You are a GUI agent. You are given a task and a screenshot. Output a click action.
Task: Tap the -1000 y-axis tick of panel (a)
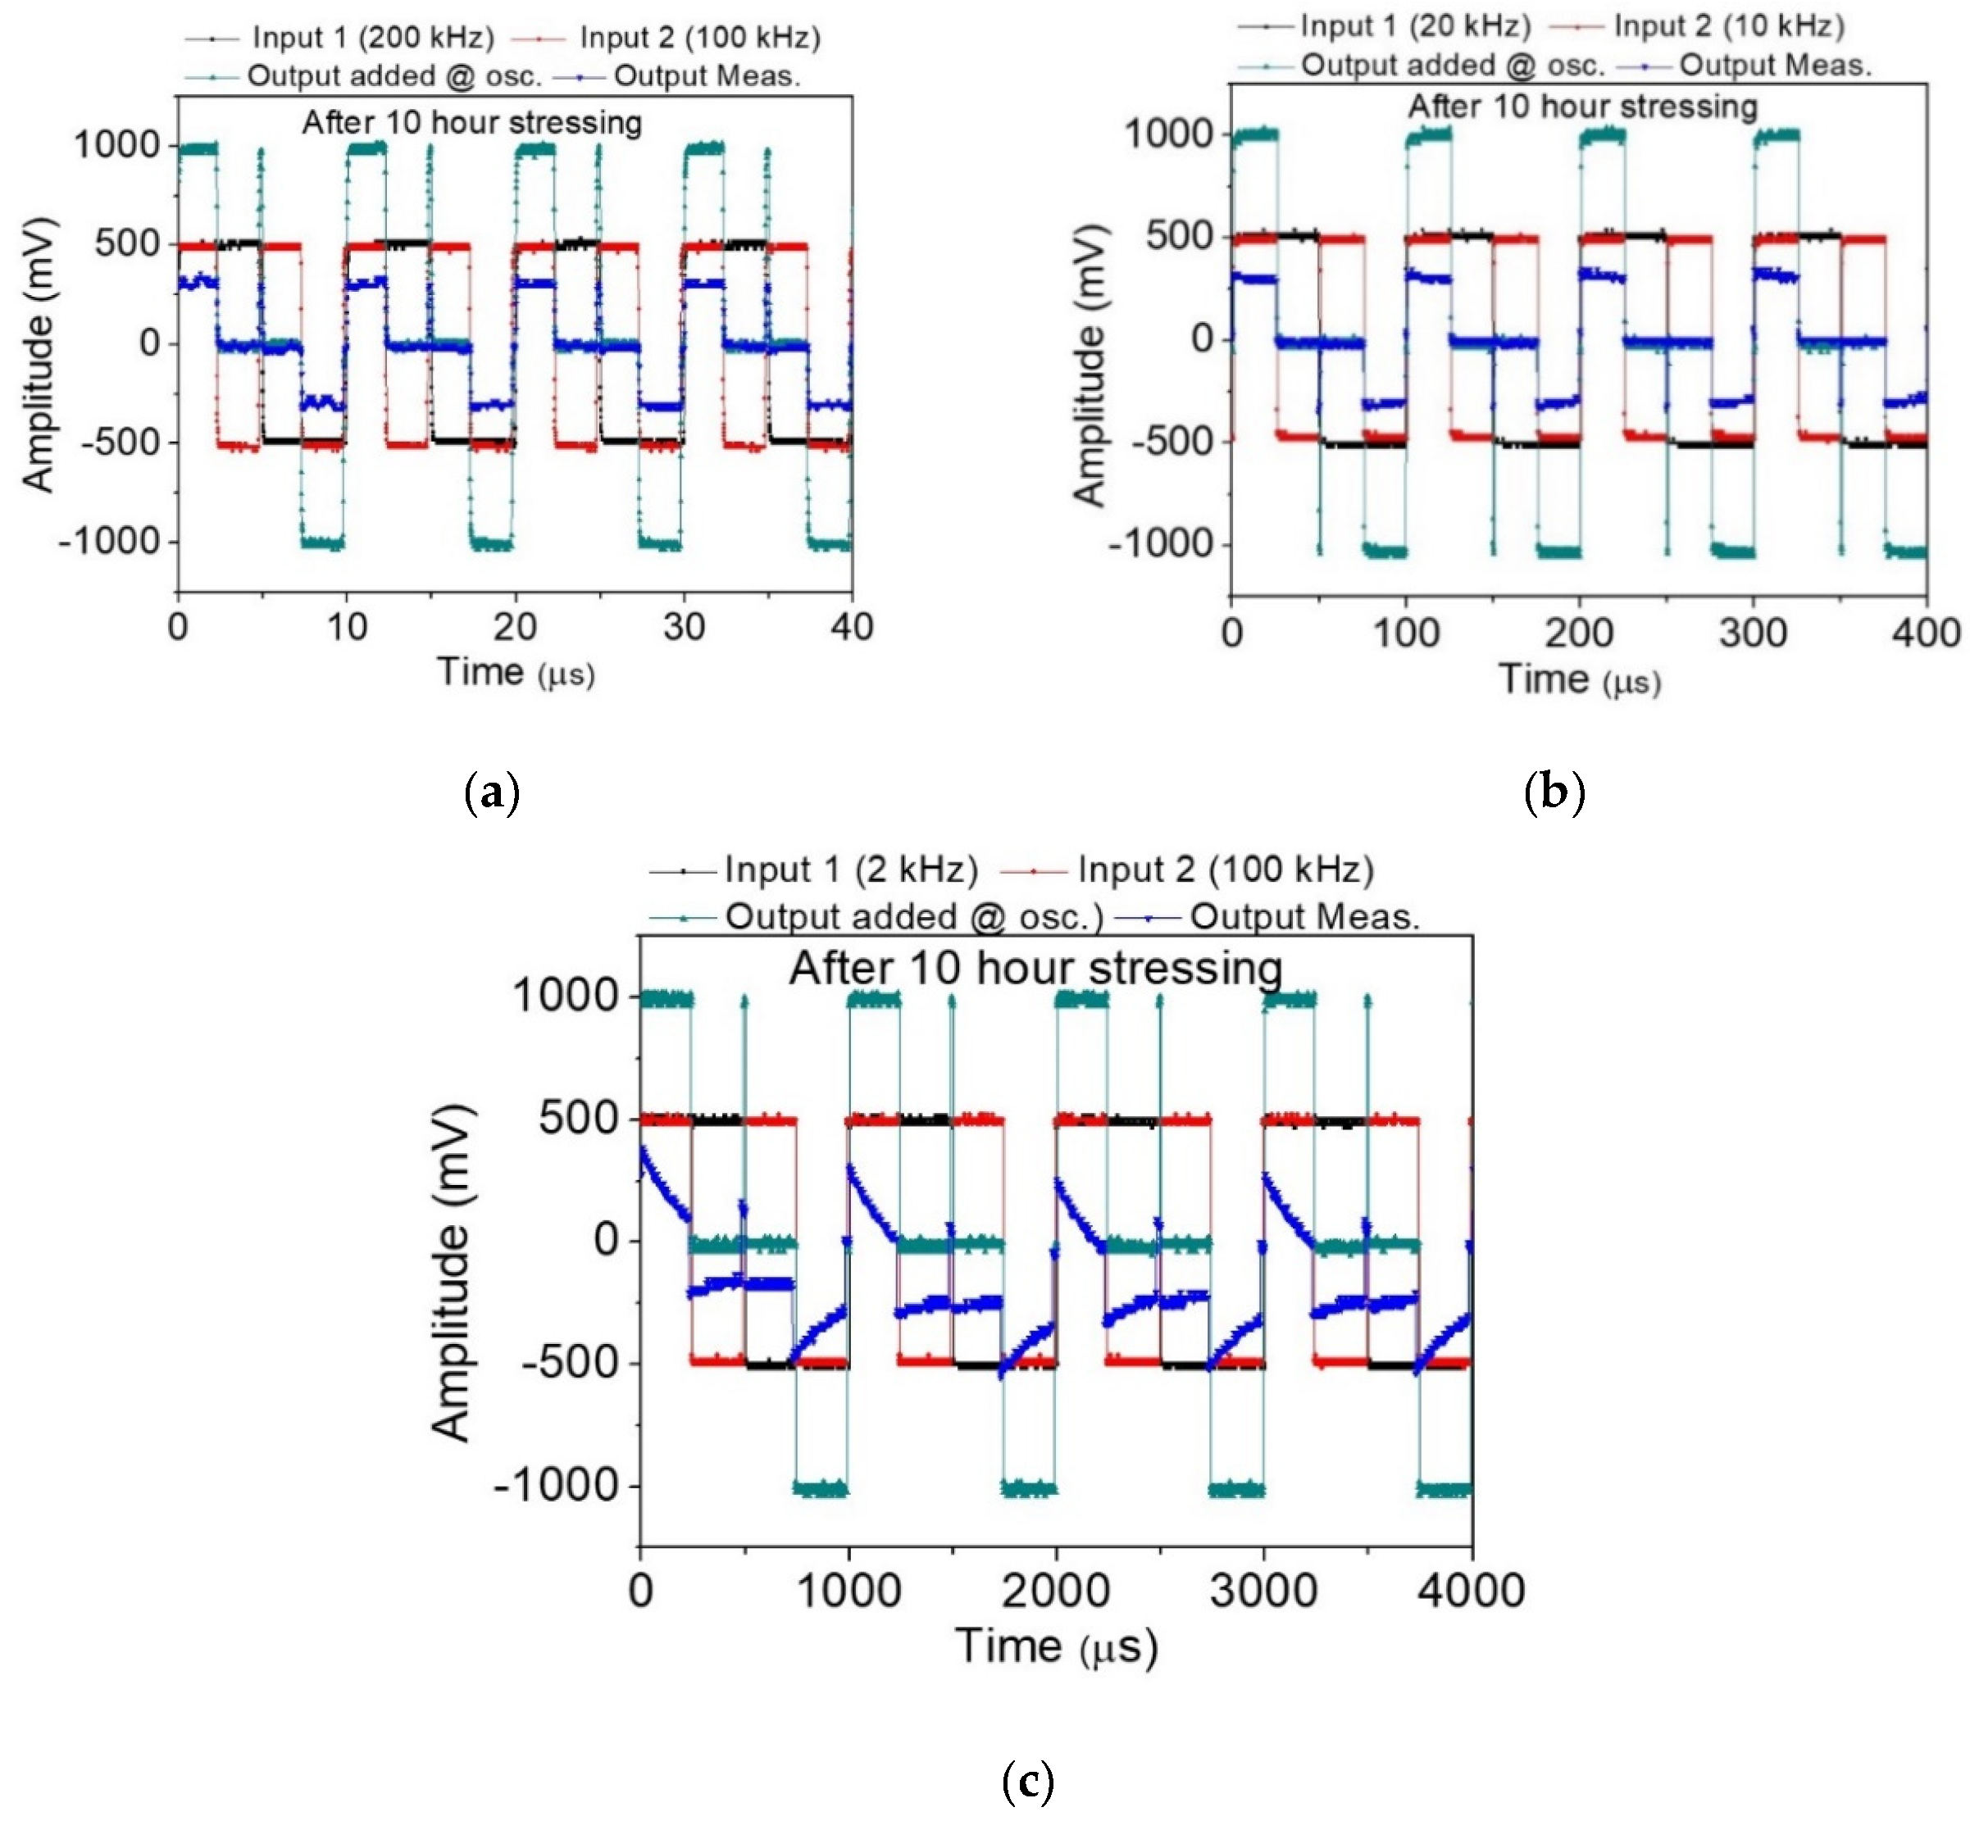tap(108, 541)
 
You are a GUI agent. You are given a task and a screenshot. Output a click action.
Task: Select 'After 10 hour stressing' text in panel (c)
tap(1035, 969)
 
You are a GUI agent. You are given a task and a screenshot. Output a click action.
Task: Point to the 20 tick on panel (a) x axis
tap(514, 627)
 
